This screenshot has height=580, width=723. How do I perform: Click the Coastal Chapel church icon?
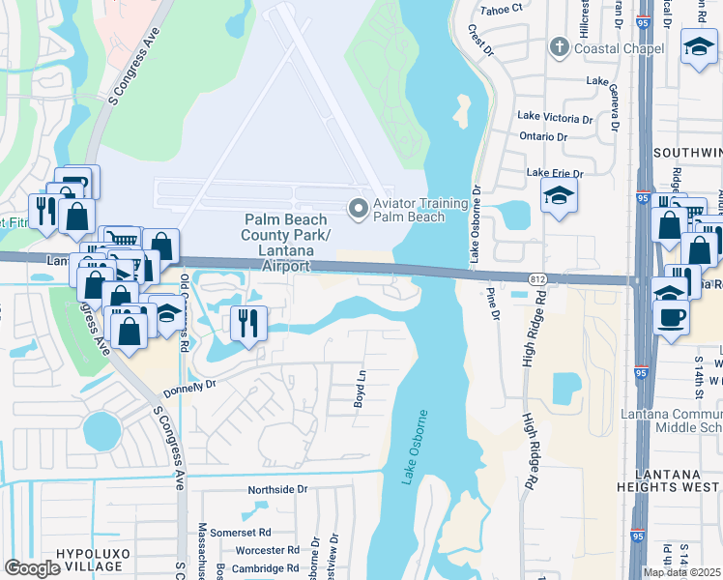[560, 48]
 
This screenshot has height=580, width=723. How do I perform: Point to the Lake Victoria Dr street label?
[555, 117]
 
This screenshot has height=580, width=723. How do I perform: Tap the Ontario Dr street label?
[542, 136]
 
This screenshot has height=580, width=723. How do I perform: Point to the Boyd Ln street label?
[359, 388]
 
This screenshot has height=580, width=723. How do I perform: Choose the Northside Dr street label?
[276, 489]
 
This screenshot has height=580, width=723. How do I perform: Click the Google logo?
[32, 568]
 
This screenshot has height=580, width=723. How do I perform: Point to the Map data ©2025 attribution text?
[680, 572]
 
